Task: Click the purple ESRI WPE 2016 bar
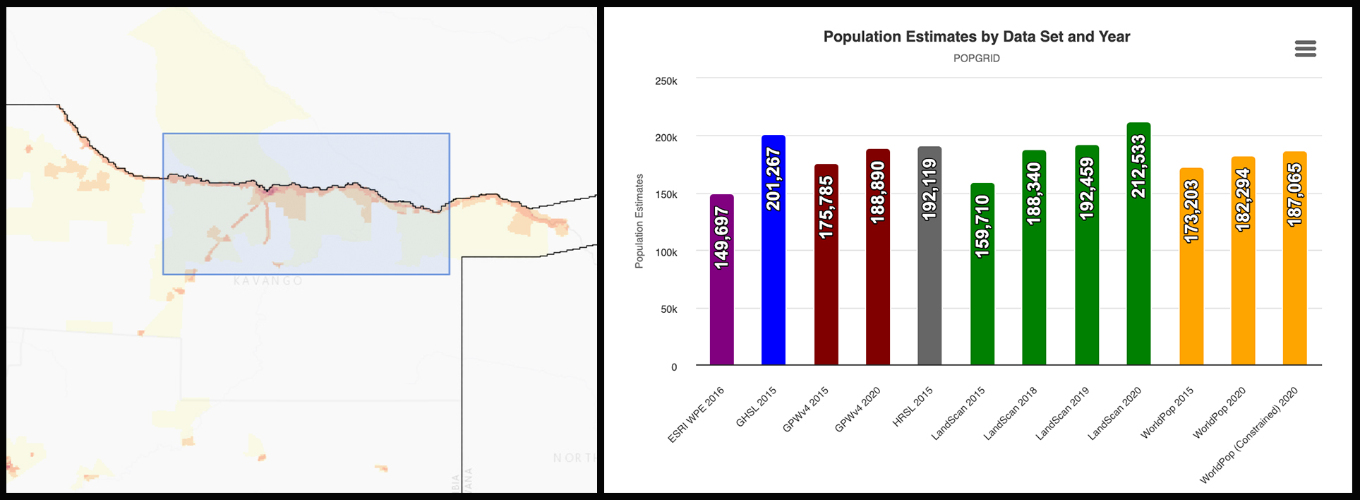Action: click(721, 297)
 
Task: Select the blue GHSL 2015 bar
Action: click(773, 268)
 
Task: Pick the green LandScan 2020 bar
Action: click(1138, 268)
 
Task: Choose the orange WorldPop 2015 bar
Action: click(1191, 297)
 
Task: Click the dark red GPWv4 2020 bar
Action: click(877, 282)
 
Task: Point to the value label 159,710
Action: click(982, 226)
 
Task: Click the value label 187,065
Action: click(1294, 195)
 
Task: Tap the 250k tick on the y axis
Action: click(666, 81)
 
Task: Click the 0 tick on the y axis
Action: click(674, 367)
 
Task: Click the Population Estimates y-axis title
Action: click(639, 221)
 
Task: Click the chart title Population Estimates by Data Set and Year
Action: click(976, 37)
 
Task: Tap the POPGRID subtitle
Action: click(976, 59)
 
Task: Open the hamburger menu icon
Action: click(1305, 49)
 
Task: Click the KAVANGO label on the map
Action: click(268, 281)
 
